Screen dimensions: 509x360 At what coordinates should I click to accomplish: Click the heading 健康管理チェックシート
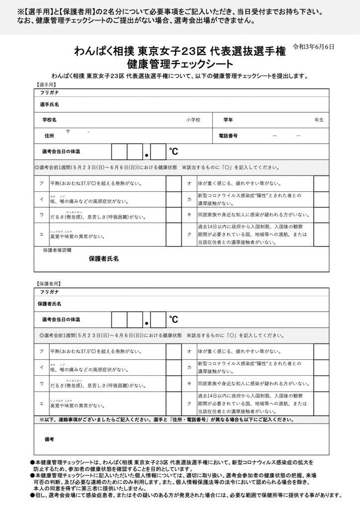[x=180, y=64]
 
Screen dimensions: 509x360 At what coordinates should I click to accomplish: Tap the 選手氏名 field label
[x=50, y=105]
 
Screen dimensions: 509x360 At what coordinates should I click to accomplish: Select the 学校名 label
[x=49, y=120]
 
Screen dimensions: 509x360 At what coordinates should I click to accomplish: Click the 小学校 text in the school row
[x=193, y=120]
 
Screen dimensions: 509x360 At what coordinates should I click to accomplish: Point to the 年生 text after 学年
[x=319, y=120]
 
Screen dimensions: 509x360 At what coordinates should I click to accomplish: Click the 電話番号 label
[x=228, y=136]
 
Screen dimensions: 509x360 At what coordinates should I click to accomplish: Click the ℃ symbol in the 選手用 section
[x=173, y=152]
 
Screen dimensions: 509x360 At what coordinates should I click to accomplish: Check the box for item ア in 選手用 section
[x=174, y=183]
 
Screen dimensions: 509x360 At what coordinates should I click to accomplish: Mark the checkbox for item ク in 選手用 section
[x=321, y=234]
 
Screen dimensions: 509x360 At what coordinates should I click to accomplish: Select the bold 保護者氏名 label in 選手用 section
[x=103, y=258]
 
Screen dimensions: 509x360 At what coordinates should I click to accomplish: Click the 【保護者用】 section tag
[x=48, y=284]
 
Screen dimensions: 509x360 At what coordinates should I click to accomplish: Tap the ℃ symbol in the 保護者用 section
[x=173, y=319]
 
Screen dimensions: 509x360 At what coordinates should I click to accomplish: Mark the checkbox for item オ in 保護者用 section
[x=321, y=351]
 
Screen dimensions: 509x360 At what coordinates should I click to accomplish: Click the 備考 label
[x=49, y=439]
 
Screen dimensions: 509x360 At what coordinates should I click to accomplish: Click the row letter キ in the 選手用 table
[x=189, y=215]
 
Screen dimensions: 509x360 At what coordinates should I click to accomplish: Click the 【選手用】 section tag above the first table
[x=45, y=85]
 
